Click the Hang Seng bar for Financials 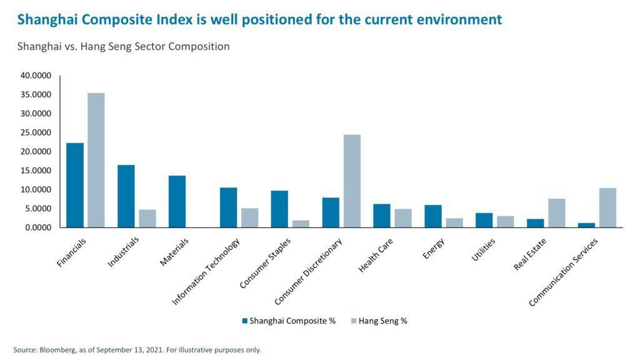(x=96, y=160)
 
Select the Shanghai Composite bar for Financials (x=75, y=185)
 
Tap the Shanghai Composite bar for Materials (x=177, y=201)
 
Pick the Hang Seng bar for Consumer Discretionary (x=352, y=181)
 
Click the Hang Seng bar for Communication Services (x=607, y=207)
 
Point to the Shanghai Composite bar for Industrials (x=126, y=196)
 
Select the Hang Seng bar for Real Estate (x=556, y=213)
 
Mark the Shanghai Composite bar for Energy (x=433, y=216)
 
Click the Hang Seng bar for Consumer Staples (x=301, y=224)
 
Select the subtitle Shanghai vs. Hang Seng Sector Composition (x=123, y=47)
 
